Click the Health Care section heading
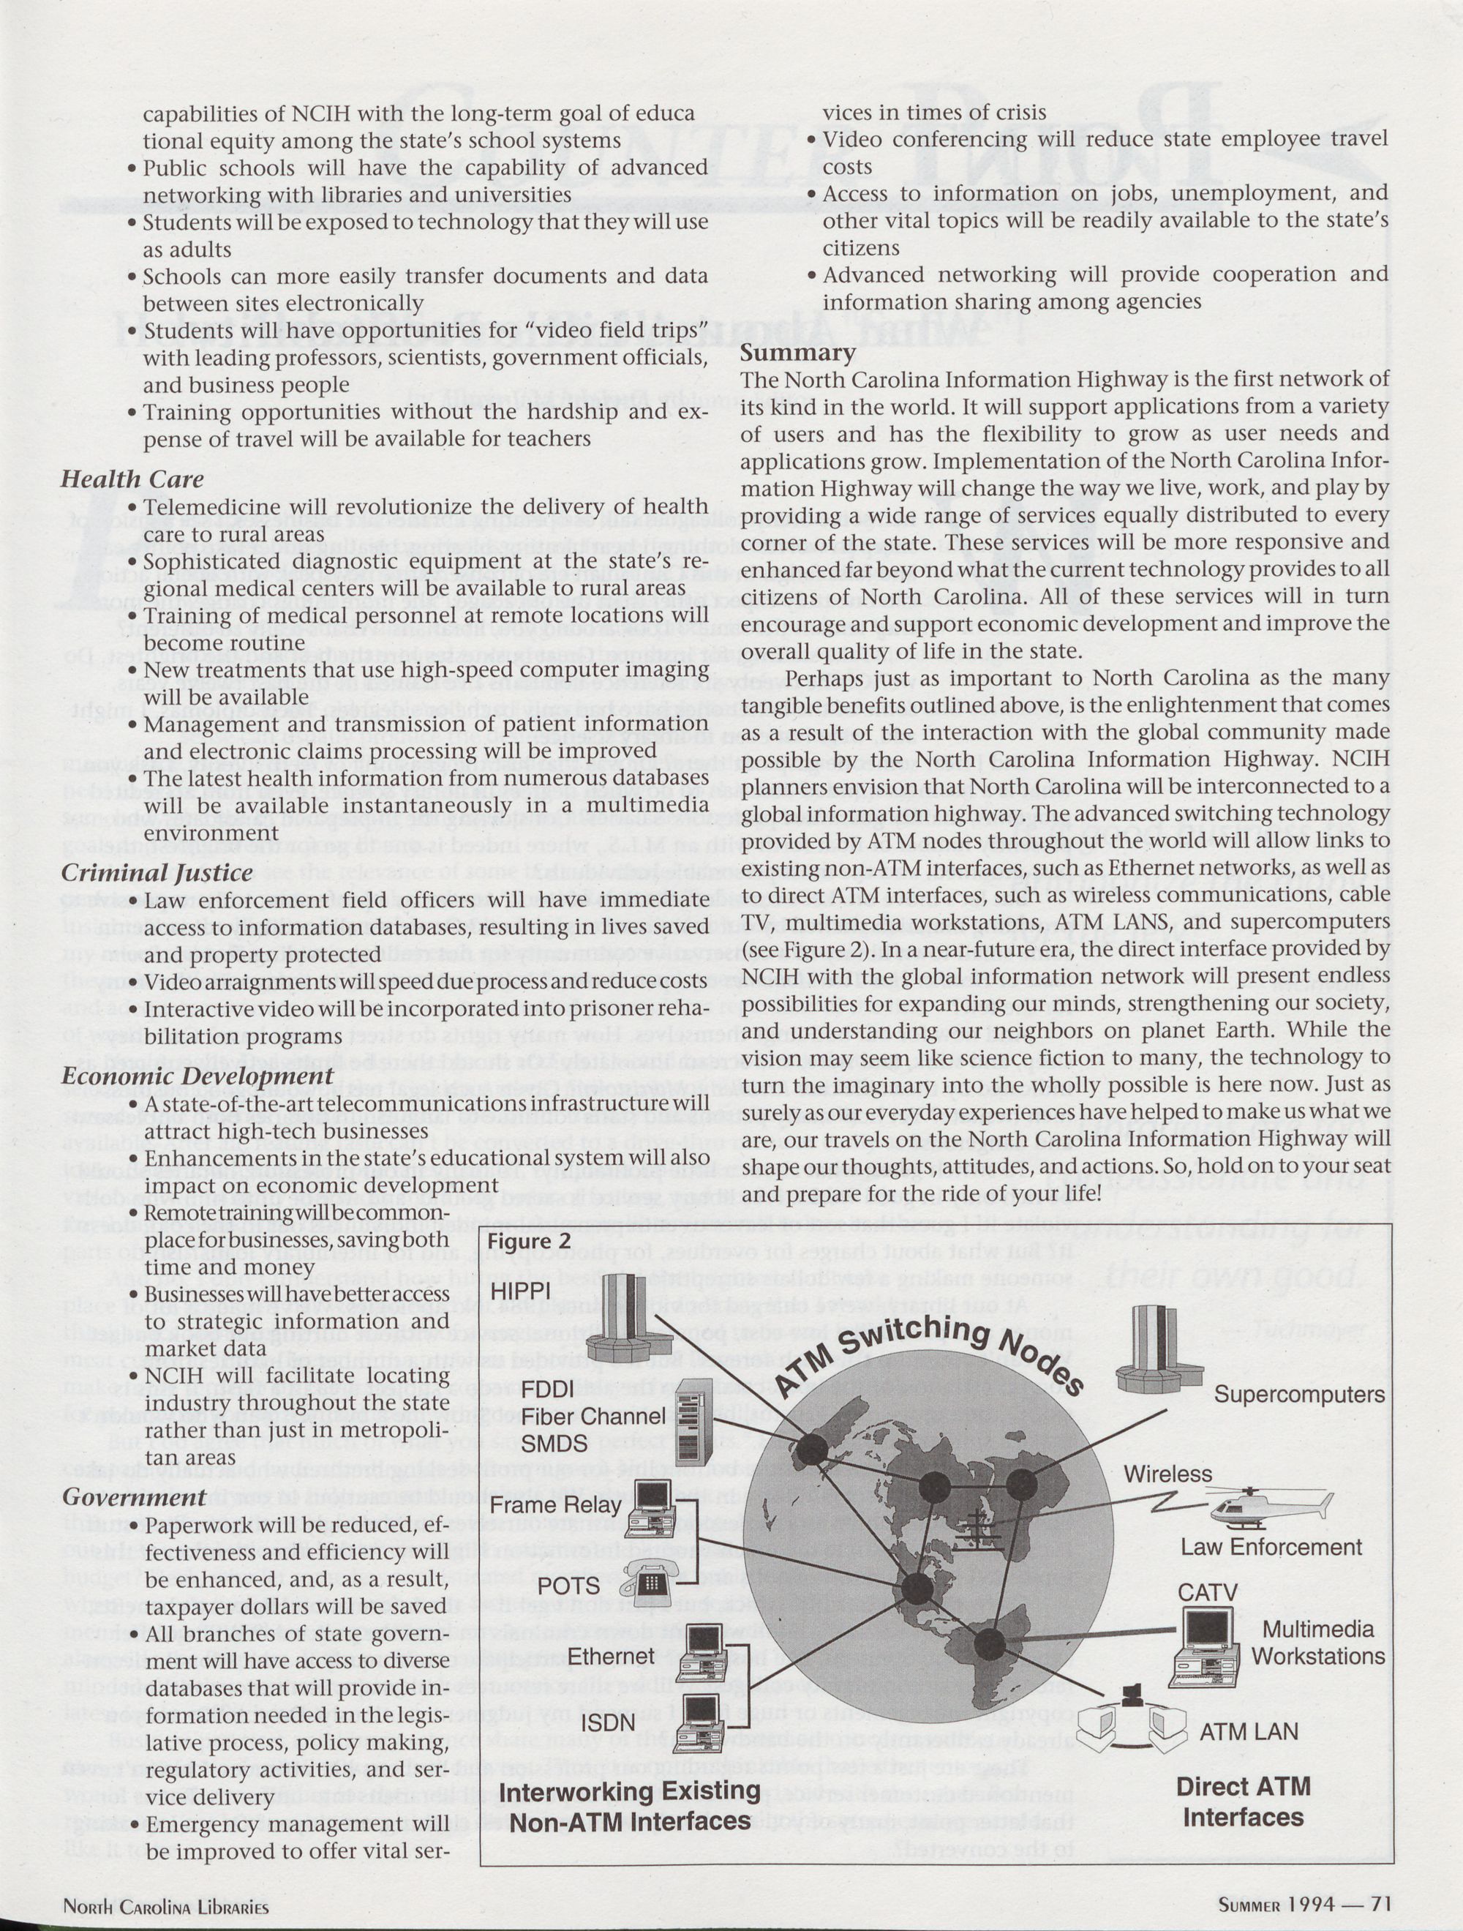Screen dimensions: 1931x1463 132,479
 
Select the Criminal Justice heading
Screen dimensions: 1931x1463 157,873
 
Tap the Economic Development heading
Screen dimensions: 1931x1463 198,1076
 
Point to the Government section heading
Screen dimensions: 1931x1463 134,1497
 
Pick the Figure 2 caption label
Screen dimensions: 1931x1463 529,1241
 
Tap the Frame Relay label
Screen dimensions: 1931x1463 555,1505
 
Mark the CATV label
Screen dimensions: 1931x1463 1207,1592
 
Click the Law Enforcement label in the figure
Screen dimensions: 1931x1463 1271,1547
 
